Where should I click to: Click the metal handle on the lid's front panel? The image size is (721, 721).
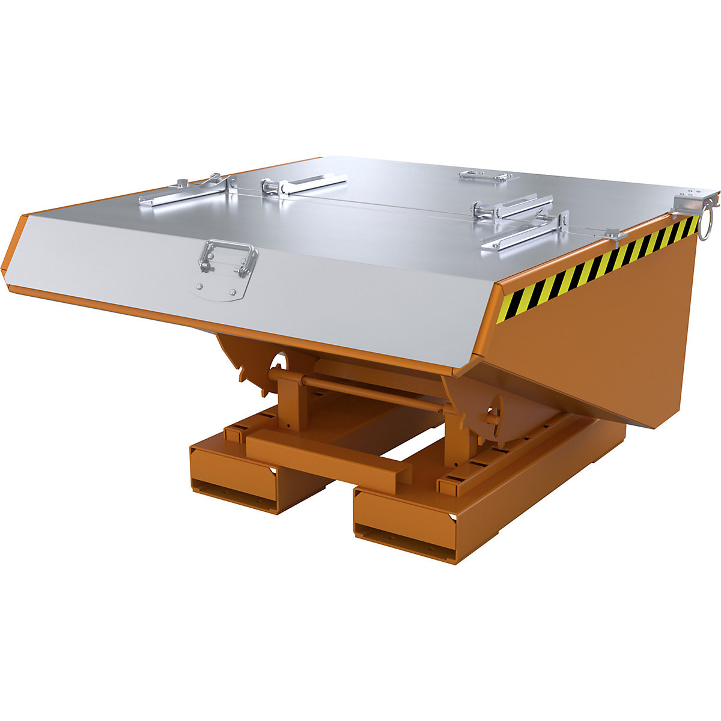(x=230, y=258)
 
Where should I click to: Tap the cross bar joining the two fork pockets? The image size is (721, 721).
(x=327, y=460)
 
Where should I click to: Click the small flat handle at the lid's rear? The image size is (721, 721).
(x=484, y=176)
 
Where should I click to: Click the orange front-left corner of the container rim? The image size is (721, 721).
(x=15, y=252)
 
